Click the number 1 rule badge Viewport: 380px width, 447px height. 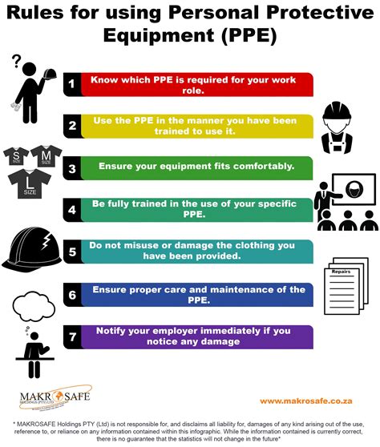pyautogui.click(x=72, y=84)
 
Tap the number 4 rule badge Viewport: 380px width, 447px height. pyautogui.click(x=72, y=210)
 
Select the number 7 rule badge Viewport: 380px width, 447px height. pyautogui.click(x=72, y=337)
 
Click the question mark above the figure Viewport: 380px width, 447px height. pyautogui.click(x=17, y=61)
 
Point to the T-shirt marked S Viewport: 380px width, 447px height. pyautogui.click(x=16, y=156)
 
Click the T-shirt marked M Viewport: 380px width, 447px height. pyautogui.click(x=46, y=155)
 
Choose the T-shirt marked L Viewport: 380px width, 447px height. pyautogui.click(x=30, y=184)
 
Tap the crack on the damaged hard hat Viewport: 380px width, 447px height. pyautogui.click(x=46, y=240)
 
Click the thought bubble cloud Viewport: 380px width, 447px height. pyautogui.click(x=34, y=306)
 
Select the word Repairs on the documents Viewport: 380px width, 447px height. pyautogui.click(x=341, y=272)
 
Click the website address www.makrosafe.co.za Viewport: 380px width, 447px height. pyautogui.click(x=305, y=401)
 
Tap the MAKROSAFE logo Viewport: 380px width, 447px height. pyautogui.click(x=55, y=397)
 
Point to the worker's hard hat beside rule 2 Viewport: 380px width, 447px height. pyautogui.click(x=337, y=111)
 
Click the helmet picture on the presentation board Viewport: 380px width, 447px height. pyautogui.click(x=354, y=189)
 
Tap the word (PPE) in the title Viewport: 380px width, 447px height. pyautogui.click(x=249, y=35)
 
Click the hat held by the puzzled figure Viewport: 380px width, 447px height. pyautogui.click(x=50, y=74)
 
